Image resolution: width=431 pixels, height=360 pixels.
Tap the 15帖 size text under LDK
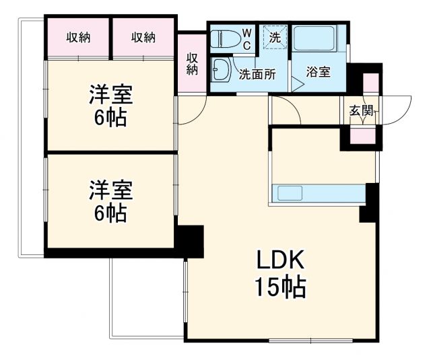[279, 288]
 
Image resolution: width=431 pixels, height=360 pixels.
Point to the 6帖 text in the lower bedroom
[111, 214]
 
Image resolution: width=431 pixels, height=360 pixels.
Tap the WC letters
[246, 38]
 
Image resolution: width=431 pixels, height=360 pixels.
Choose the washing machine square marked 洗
[275, 38]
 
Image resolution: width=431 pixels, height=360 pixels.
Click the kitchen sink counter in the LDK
[317, 194]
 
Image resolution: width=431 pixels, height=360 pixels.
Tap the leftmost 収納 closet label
[78, 38]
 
